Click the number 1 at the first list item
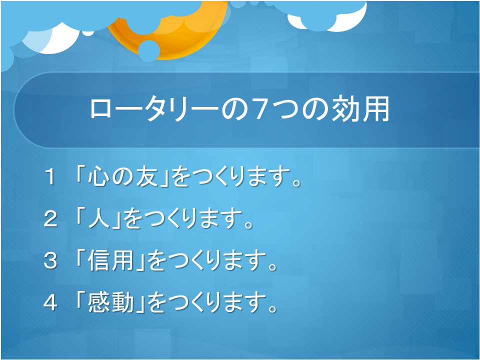click(x=50, y=177)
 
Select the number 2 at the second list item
click(x=50, y=219)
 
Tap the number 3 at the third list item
click(x=50, y=261)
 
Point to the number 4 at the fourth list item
click(x=50, y=303)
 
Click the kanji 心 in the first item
click(x=98, y=176)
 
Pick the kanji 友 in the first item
click(x=146, y=176)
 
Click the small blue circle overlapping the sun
click(x=149, y=50)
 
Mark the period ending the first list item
click(x=297, y=182)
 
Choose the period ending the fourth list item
click(x=273, y=308)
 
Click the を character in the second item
click(x=132, y=219)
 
